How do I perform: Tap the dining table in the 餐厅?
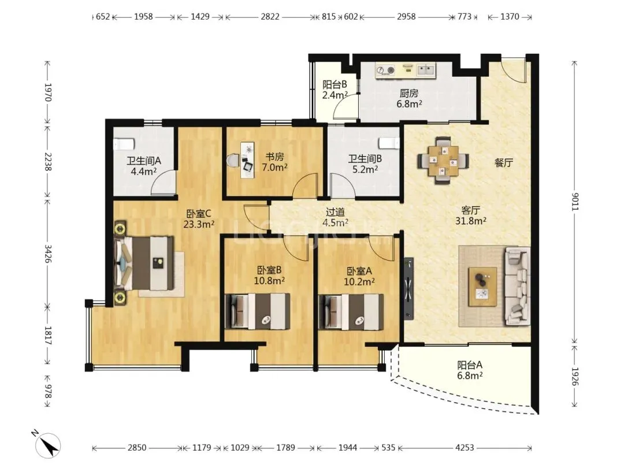443,161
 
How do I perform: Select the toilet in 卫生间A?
123,144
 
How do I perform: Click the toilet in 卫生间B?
388,143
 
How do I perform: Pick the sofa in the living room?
517,286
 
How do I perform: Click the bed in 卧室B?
257,311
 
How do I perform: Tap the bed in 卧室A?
351,312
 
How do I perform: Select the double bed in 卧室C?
144,263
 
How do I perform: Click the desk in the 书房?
247,160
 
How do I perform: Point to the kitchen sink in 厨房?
426,70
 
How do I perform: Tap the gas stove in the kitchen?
385,70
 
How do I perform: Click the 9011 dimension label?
574,202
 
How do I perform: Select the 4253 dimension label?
465,448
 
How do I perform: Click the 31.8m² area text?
471,221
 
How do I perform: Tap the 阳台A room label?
470,365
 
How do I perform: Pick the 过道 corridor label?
335,212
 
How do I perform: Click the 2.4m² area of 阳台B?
335,95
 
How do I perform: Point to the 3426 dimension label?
47,254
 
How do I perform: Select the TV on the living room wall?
408,288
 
